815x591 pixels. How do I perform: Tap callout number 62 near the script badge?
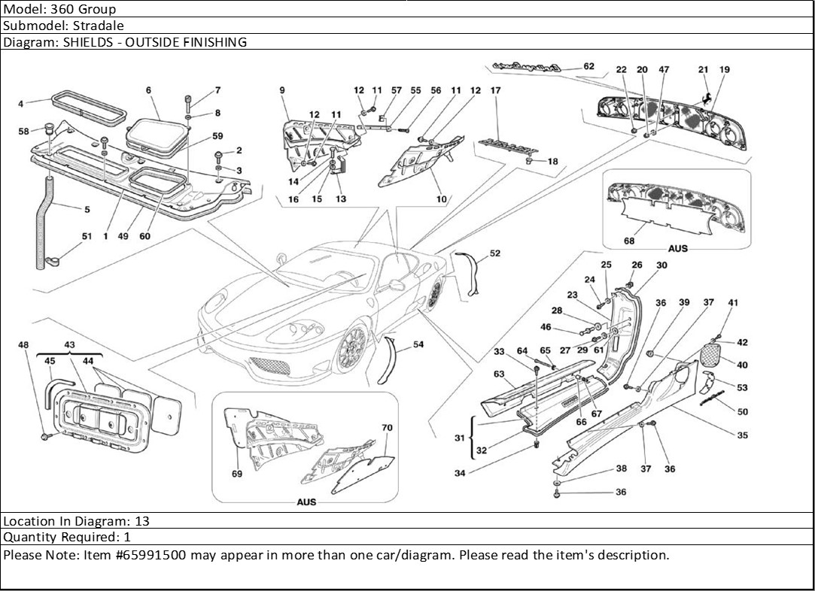588,66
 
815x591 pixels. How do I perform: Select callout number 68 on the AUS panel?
628,241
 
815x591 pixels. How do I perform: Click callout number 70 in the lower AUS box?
387,428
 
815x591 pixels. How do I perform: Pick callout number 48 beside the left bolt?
23,345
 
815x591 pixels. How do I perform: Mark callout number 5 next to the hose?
87,209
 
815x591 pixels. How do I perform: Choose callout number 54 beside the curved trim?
418,344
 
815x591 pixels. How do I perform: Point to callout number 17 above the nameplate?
495,90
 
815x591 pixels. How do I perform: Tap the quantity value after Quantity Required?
127,538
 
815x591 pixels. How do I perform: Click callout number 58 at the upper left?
24,131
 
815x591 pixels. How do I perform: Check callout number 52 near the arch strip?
494,253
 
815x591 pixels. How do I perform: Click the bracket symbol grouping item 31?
472,436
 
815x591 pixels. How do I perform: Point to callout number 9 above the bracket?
281,90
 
